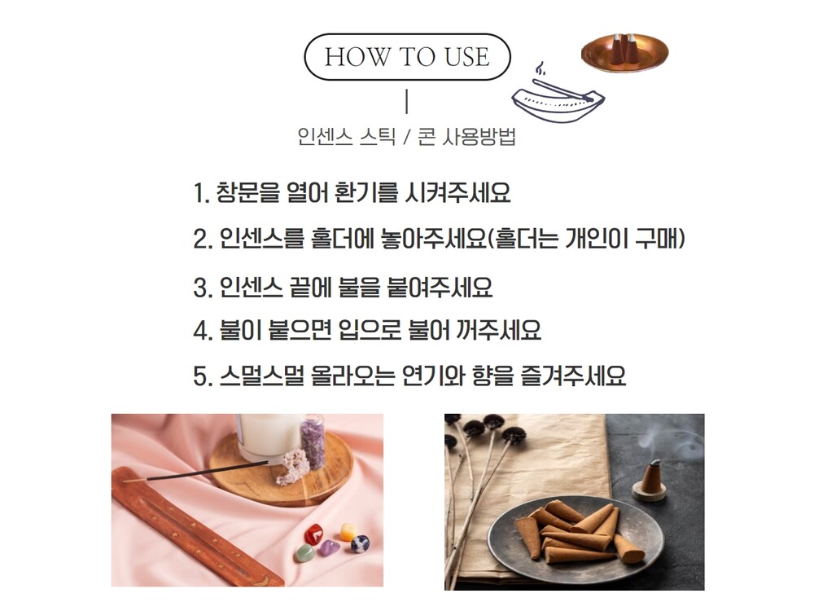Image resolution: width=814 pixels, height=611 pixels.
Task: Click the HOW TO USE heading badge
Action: (407, 57)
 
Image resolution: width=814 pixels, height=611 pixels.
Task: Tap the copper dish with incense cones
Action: (624, 53)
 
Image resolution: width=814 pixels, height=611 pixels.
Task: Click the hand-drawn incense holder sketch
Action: (558, 96)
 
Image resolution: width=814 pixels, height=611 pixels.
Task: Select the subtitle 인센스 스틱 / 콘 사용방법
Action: (406, 137)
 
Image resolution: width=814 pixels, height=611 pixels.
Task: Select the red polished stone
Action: (313, 534)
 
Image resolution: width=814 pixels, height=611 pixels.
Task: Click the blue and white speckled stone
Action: (360, 543)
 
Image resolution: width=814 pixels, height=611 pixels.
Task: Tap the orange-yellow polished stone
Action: (348, 531)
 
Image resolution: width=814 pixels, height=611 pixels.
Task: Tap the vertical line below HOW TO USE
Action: (406, 101)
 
